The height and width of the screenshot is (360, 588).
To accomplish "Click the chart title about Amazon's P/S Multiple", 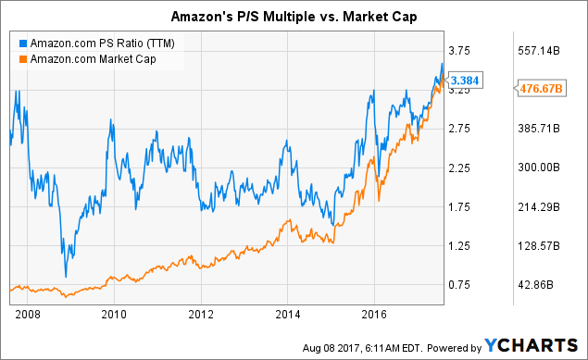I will pos(294,15).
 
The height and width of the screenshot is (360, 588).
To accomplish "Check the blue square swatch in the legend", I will pos(21,43).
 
